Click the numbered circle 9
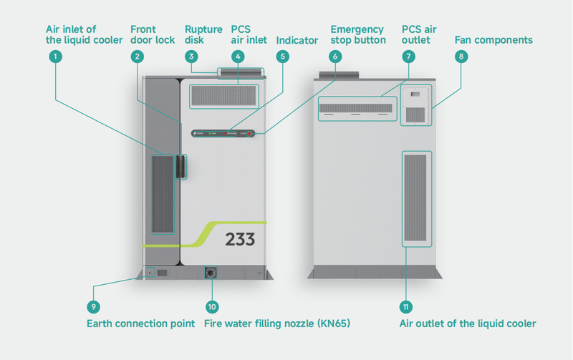coord(93,306)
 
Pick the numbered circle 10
coord(211,306)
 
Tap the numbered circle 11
coord(406,306)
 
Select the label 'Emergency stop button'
coord(358,34)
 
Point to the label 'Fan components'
coord(493,40)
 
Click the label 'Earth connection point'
coord(140,324)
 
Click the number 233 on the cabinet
coord(240,240)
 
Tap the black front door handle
coord(182,166)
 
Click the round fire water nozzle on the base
coord(211,273)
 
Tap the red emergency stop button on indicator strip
coord(249,134)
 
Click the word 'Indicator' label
coord(297,40)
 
